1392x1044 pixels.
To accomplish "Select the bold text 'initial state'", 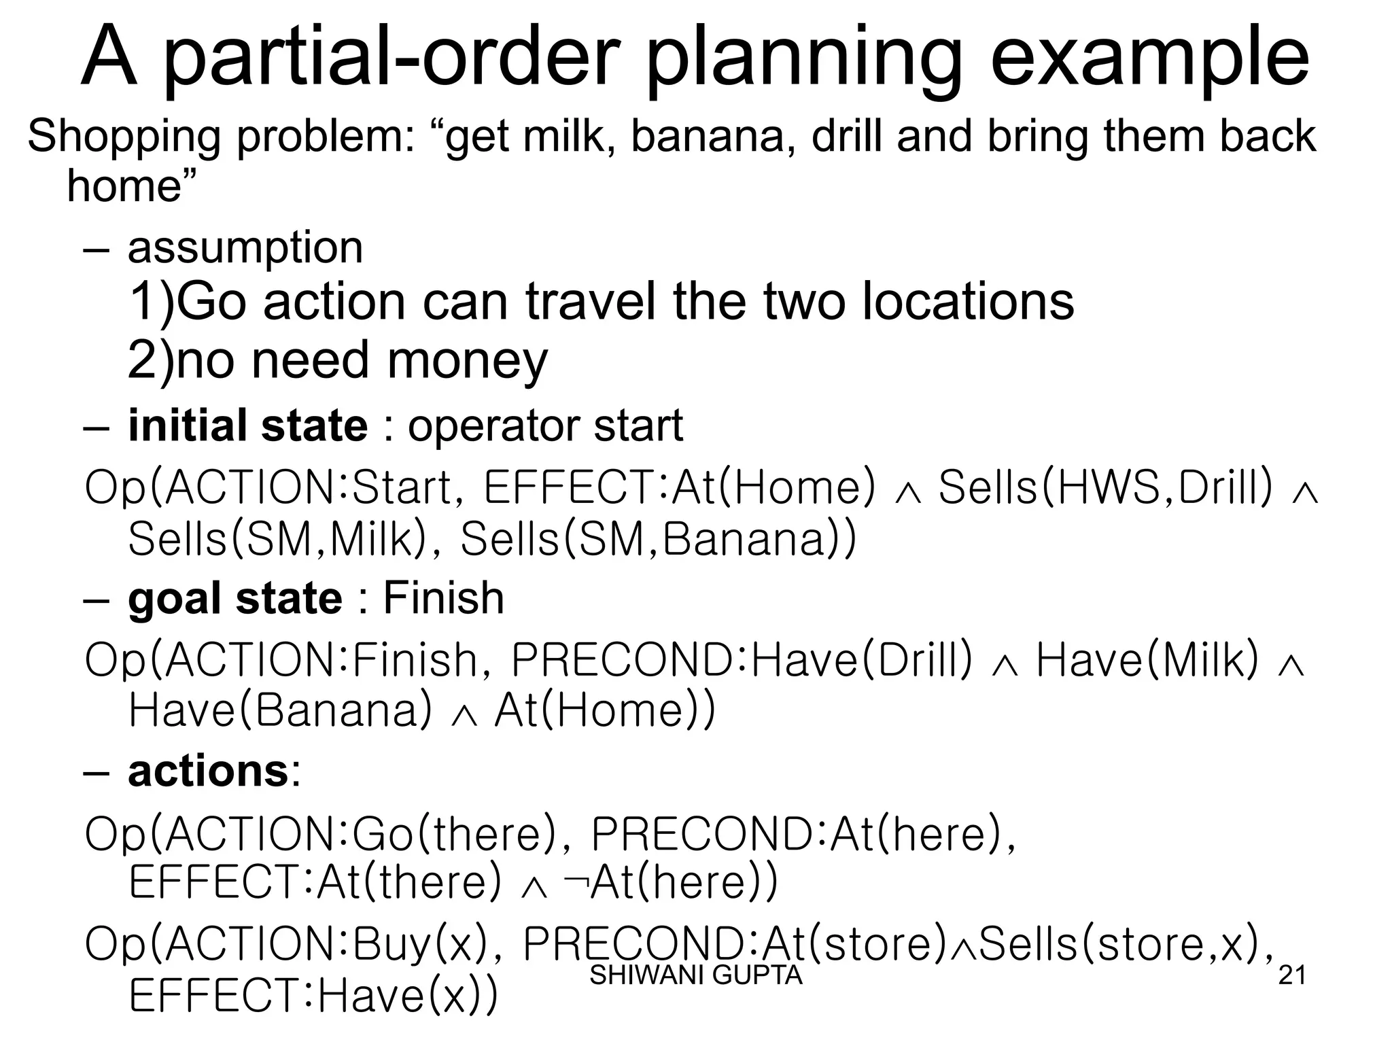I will (x=248, y=426).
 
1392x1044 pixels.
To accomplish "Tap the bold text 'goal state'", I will (x=235, y=599).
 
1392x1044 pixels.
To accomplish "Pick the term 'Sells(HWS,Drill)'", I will (x=1105, y=487).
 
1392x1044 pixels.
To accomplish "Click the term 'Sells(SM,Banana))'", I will (x=658, y=540).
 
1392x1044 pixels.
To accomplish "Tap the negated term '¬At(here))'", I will (x=670, y=883).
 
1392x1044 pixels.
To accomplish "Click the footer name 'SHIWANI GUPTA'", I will (x=696, y=975).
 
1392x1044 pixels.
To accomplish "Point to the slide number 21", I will (x=1292, y=975).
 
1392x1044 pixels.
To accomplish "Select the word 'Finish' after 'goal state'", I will (x=443, y=599).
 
